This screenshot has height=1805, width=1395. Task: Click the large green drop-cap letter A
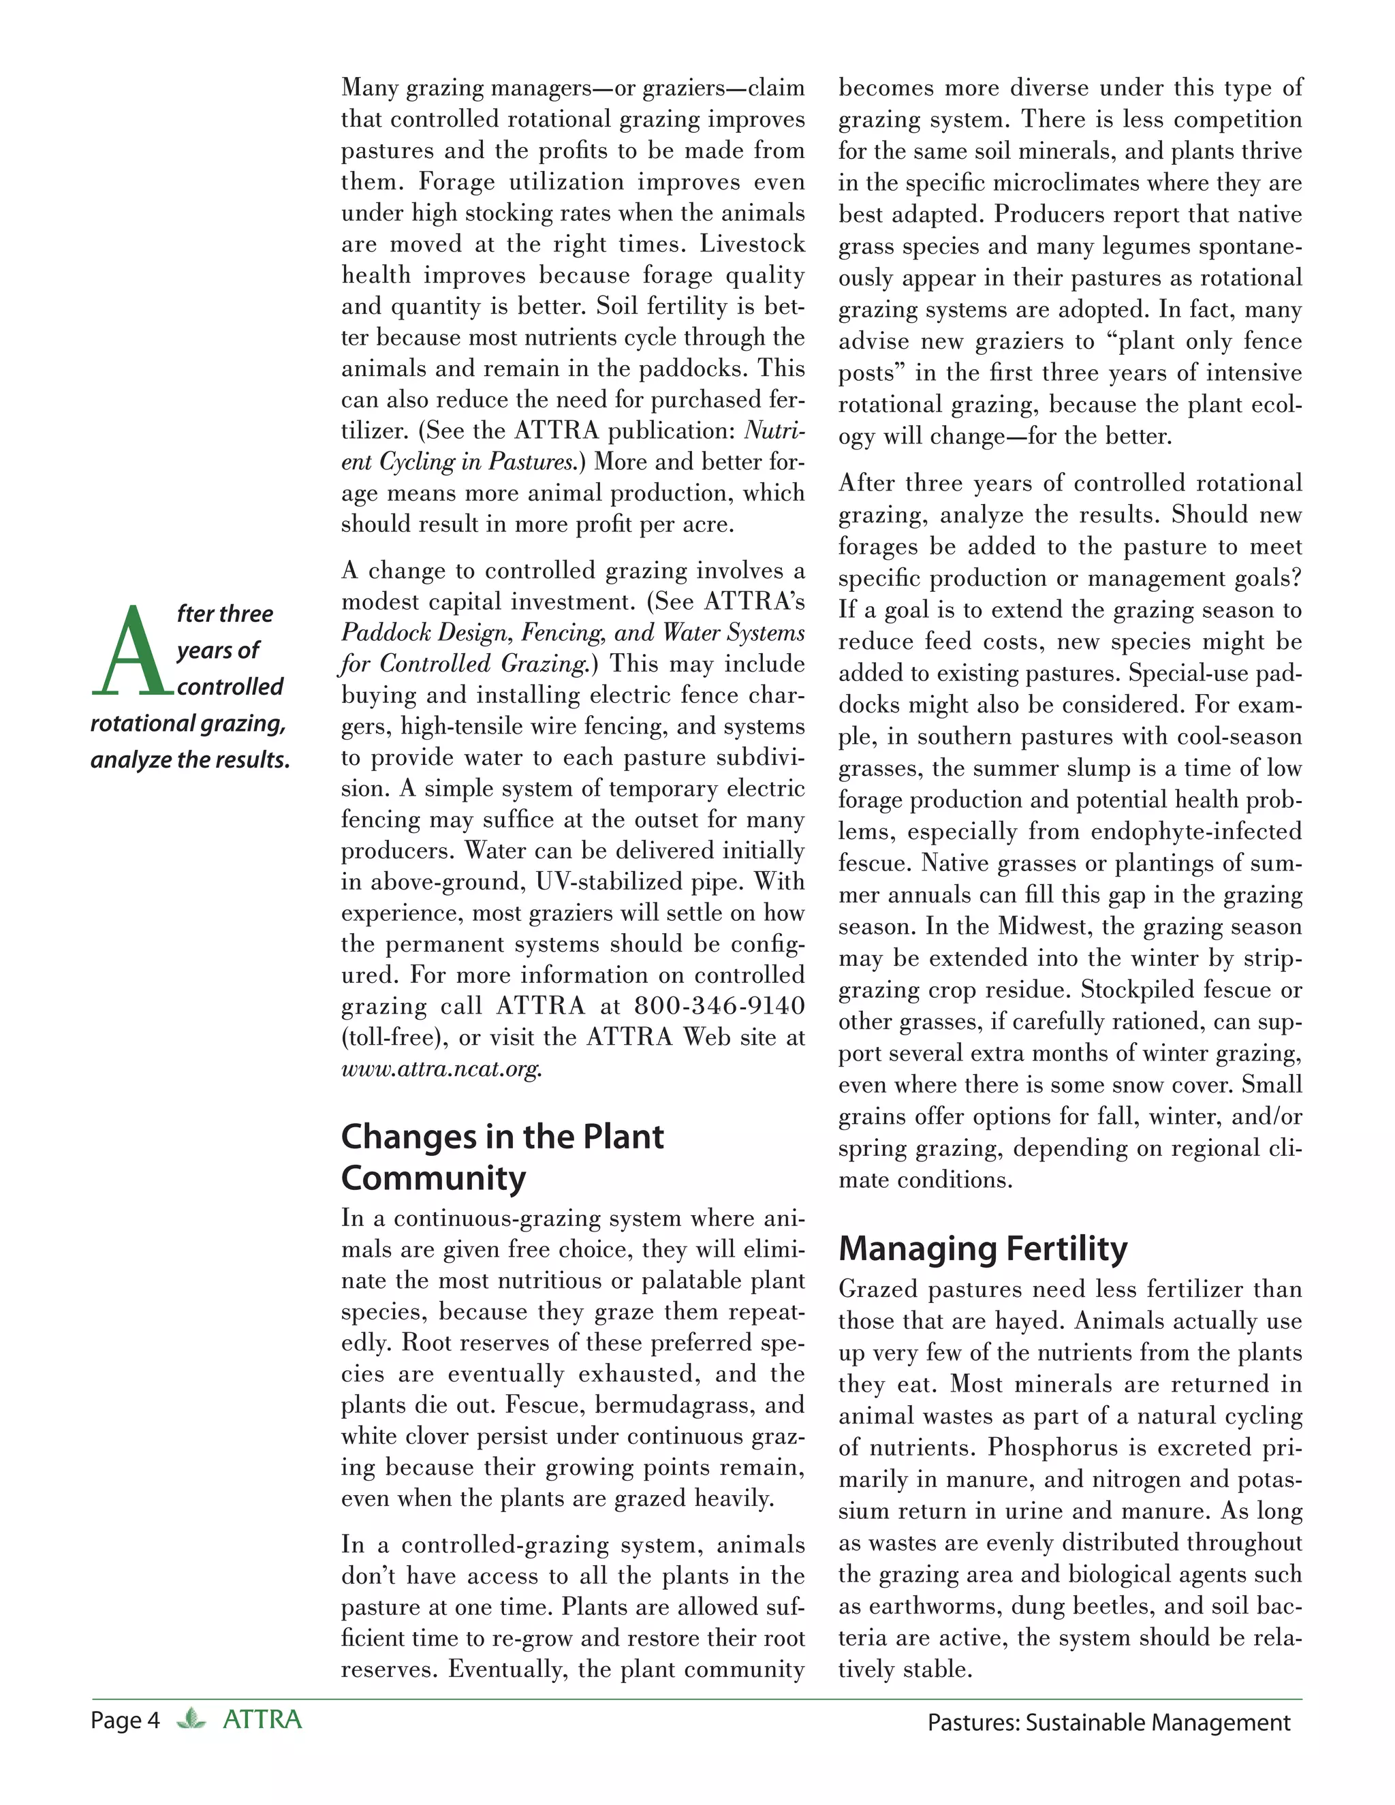[x=131, y=650]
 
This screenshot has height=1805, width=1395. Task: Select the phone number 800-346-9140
[x=719, y=1006]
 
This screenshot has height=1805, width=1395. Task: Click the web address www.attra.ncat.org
[x=441, y=1069]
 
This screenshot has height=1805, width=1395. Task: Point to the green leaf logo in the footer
[x=191, y=1719]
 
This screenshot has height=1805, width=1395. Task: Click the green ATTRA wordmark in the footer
[x=262, y=1720]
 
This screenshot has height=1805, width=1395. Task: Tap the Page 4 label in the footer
[x=125, y=1721]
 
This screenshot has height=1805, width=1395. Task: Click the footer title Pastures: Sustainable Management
[x=1108, y=1723]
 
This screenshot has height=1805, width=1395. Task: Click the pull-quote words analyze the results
[x=190, y=759]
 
